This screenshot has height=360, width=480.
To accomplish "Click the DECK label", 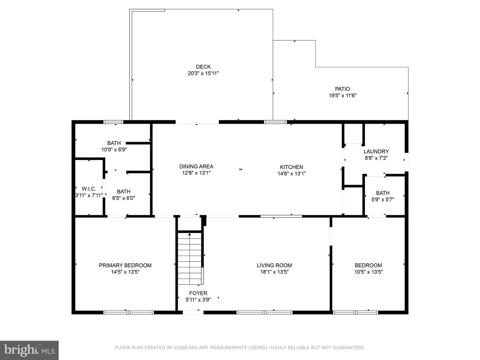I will pyautogui.click(x=203, y=67).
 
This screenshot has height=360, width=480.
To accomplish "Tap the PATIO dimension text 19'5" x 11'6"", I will pyautogui.click(x=342, y=96).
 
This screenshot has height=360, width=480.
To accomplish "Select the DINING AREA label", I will pyautogui.click(x=196, y=166).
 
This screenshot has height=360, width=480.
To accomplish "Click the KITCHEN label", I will pyautogui.click(x=291, y=167).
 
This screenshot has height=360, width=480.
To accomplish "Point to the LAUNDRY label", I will pyautogui.click(x=376, y=151).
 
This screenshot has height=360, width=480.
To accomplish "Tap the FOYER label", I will pyautogui.click(x=198, y=293).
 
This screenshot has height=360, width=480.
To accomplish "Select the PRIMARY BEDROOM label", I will pyautogui.click(x=125, y=265).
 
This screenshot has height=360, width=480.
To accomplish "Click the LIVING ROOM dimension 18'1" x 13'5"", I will pyautogui.click(x=274, y=272).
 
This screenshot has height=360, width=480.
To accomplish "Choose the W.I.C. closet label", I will pyautogui.click(x=89, y=189).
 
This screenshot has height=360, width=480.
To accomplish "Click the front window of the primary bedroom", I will pyautogui.click(x=128, y=312).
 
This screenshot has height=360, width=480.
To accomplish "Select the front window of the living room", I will pyautogui.click(x=264, y=312).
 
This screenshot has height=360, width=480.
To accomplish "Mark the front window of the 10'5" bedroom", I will pyautogui.click(x=355, y=312).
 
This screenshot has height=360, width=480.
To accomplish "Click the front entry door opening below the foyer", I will pyautogui.click(x=193, y=312).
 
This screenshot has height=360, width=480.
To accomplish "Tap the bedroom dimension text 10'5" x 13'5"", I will pyautogui.click(x=368, y=272).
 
